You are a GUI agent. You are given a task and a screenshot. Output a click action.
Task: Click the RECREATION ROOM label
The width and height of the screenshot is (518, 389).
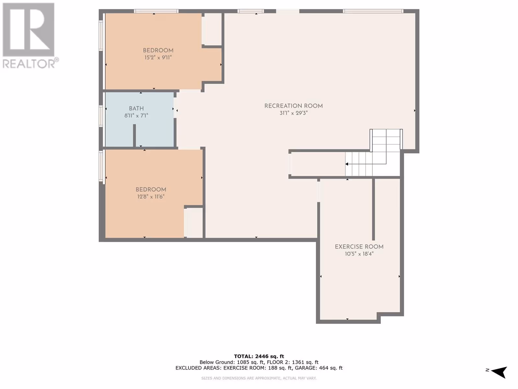[293, 106]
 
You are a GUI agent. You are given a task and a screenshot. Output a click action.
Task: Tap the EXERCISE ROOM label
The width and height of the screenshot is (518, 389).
[359, 247]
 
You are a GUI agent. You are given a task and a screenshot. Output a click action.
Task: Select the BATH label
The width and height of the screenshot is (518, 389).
[136, 109]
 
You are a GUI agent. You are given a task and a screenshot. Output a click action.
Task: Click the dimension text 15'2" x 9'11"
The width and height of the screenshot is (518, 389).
[158, 58]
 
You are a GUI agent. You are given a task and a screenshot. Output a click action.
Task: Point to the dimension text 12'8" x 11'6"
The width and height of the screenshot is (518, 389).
[151, 197]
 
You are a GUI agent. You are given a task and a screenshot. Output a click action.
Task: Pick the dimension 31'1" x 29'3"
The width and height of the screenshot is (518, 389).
[294, 113]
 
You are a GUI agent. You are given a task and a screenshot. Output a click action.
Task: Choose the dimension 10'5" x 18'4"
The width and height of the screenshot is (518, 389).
[359, 254]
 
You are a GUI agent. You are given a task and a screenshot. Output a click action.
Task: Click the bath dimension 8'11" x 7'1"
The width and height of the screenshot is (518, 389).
[136, 116]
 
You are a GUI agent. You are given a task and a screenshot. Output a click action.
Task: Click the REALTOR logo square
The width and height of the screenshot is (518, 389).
[28, 29]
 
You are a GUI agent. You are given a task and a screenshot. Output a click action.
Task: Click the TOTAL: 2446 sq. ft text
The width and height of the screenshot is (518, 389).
[259, 356]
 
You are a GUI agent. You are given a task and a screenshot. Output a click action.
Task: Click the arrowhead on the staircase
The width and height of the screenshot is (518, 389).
[347, 164]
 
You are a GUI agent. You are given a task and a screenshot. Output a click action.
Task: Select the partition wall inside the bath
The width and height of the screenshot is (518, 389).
[134, 136]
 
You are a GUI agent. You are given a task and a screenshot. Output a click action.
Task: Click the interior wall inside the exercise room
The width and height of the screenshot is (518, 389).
[373, 209]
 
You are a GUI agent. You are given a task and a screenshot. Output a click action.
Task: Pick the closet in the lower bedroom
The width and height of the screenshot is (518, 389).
[194, 223]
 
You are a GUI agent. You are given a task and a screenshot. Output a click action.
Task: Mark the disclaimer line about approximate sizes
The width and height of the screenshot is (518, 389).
[259, 378]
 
